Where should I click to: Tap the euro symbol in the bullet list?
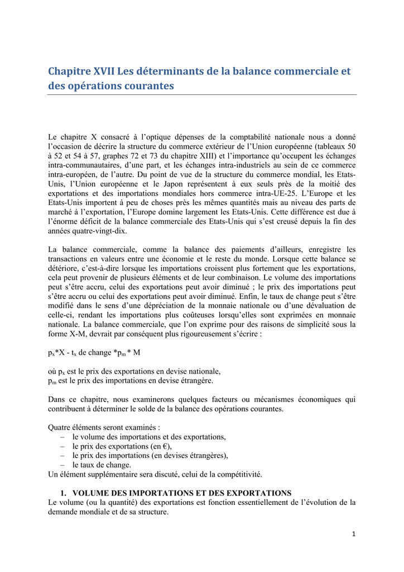coord(165,446)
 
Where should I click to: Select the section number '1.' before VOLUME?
coord(64,493)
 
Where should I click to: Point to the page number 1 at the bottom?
coord(354,533)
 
